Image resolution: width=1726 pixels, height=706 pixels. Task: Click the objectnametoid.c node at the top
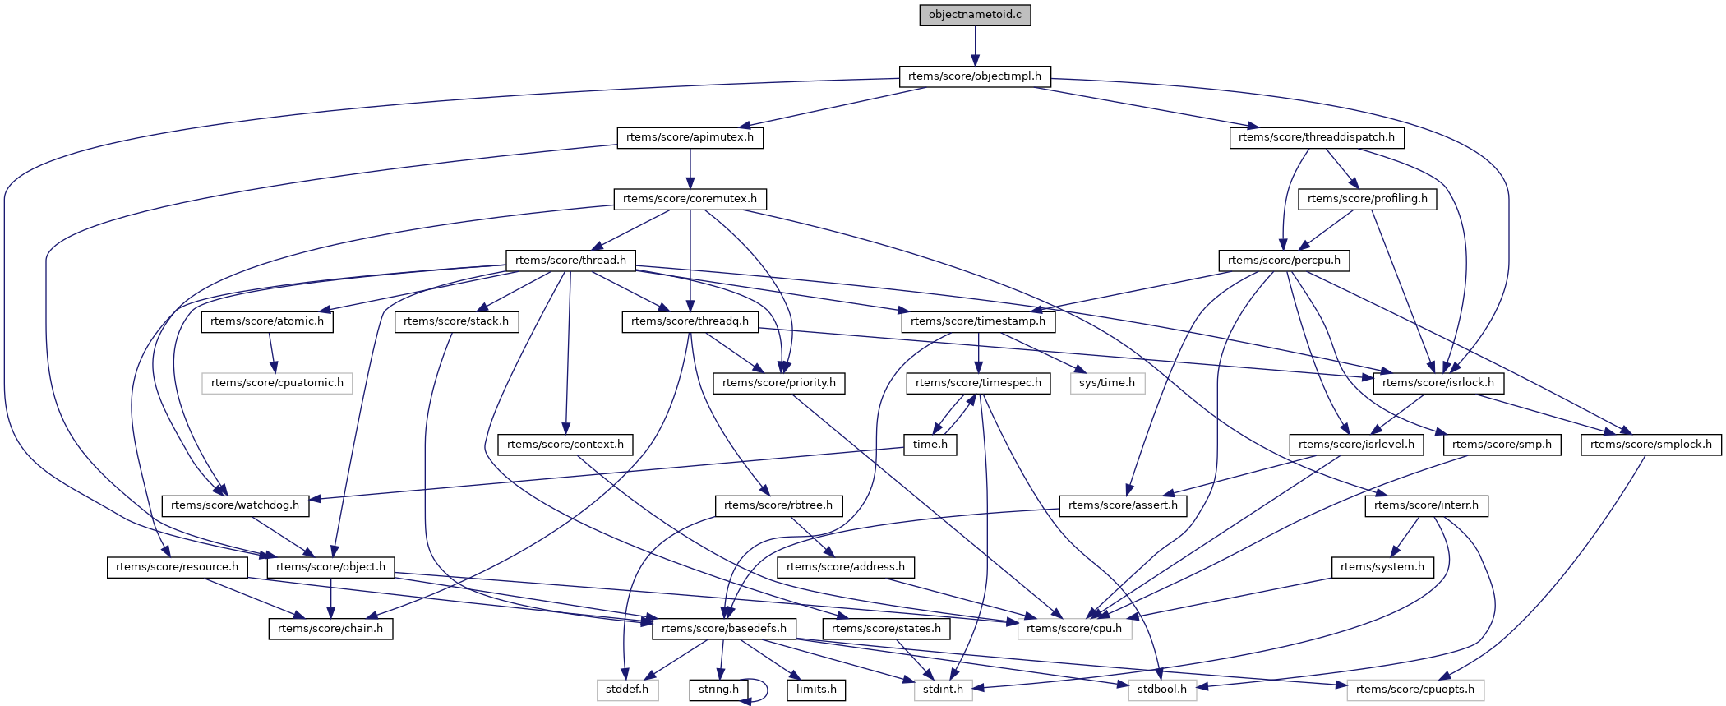(x=975, y=15)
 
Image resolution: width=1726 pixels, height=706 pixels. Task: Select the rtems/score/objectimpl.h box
(x=975, y=76)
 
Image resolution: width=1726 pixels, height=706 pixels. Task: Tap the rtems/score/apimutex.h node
(x=690, y=137)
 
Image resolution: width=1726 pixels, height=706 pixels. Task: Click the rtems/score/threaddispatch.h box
(x=1317, y=137)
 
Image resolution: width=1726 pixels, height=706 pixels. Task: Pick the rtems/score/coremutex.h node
(x=690, y=199)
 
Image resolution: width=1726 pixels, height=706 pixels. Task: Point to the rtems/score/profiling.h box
(x=1368, y=199)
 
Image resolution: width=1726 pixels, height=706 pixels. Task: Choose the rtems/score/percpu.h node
(x=1284, y=261)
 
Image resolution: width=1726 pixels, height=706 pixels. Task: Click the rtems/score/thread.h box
(x=570, y=261)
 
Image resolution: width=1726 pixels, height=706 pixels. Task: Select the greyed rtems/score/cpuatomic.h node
(x=277, y=383)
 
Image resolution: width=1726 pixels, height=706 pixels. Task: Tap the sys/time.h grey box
(x=1107, y=383)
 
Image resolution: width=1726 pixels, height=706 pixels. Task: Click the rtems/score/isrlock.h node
(x=1438, y=383)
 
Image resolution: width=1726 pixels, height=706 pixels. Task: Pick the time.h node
(x=930, y=445)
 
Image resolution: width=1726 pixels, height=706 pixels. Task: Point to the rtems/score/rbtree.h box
(x=778, y=505)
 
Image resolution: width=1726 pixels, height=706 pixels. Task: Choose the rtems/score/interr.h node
(x=1426, y=505)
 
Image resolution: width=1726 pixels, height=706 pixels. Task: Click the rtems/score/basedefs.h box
(x=723, y=629)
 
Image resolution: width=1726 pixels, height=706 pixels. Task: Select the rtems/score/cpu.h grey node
(x=1074, y=629)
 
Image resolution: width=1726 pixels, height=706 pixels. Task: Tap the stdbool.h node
(x=1162, y=690)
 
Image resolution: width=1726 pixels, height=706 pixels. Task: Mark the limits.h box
(x=816, y=690)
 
